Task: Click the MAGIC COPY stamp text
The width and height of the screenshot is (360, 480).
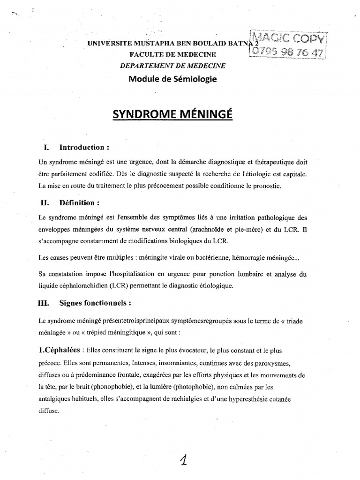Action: coord(289,37)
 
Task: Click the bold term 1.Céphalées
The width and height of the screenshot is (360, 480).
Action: coord(59,351)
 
